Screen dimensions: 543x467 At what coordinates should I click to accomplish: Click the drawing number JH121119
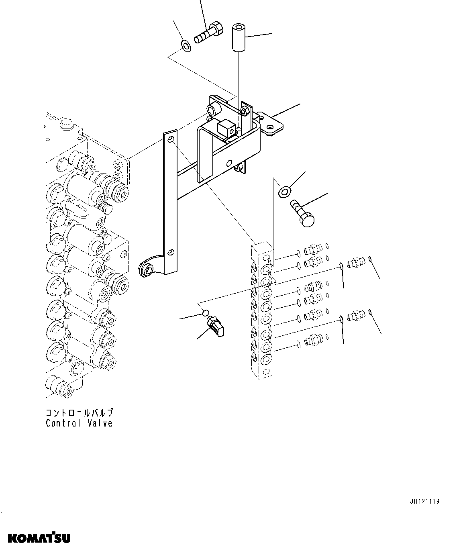click(x=424, y=502)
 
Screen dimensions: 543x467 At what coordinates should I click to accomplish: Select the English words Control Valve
click(x=79, y=423)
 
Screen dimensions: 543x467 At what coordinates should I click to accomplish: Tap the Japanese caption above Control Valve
click(x=79, y=412)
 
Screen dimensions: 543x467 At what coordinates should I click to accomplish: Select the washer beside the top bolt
click(x=186, y=46)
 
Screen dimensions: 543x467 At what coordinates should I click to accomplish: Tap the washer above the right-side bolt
click(x=284, y=192)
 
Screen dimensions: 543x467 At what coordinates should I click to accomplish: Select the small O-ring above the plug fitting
click(x=206, y=312)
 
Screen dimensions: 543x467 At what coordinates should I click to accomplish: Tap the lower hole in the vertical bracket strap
click(x=170, y=252)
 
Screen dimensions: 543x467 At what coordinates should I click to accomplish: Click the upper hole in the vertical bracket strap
click(x=171, y=139)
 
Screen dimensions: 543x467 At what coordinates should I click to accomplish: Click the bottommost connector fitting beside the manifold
click(x=312, y=342)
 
